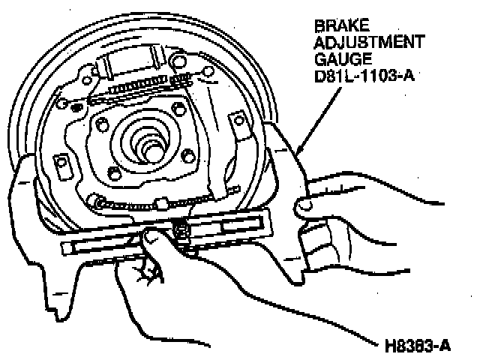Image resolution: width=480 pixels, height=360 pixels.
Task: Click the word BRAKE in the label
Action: coord(342,25)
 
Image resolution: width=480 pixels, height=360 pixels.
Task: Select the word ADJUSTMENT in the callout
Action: coord(369,42)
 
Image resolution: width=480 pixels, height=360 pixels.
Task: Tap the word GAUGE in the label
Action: coord(343,58)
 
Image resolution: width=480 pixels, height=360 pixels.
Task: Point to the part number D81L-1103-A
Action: coord(364,75)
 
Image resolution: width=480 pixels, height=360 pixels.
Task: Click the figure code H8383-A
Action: coord(418,346)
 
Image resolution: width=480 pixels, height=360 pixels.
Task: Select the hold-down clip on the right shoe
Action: coord(240,125)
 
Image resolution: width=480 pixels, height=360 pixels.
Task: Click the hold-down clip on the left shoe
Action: coord(62,166)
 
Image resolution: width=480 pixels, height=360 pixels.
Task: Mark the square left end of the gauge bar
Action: coord(68,247)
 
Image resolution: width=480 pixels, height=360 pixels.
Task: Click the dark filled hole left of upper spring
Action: coord(76,107)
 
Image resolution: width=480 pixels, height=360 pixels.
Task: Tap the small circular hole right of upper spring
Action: coord(208,72)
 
